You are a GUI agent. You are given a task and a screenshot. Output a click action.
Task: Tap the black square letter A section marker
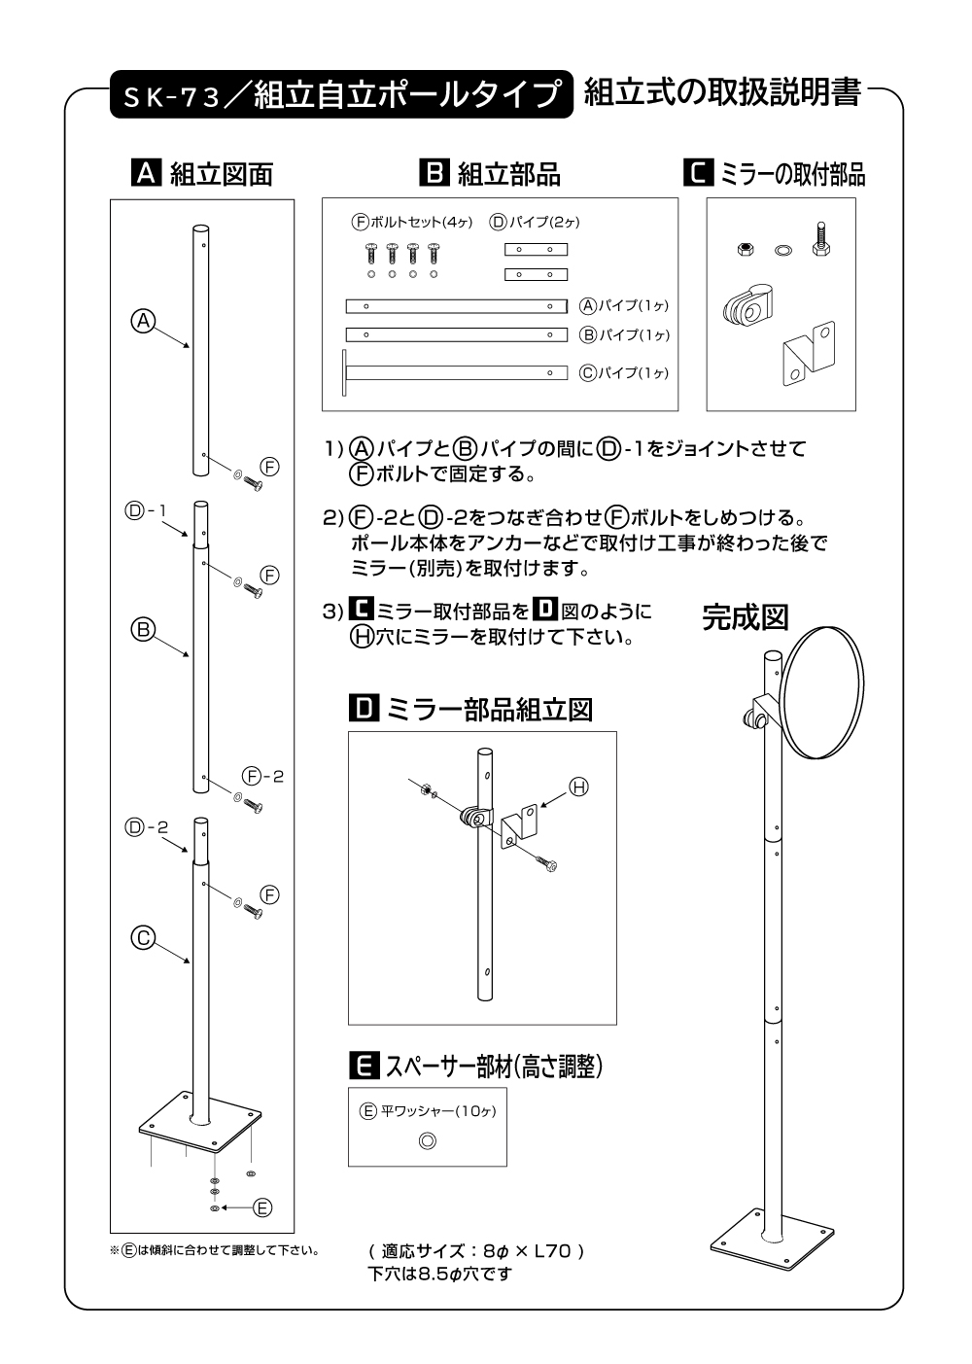tap(145, 174)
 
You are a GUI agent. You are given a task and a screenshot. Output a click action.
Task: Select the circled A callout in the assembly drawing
tap(143, 321)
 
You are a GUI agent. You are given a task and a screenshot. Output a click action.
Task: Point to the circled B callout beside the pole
tap(143, 630)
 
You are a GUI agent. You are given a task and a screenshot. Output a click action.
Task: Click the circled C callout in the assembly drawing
tap(143, 938)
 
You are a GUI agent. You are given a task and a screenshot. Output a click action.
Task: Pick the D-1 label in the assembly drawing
tap(147, 510)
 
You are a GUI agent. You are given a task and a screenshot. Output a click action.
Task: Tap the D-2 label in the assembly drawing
tap(147, 827)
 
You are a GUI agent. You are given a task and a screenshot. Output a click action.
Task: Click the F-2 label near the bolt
tap(262, 776)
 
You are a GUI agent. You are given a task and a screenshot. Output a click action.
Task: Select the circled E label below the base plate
tap(261, 1208)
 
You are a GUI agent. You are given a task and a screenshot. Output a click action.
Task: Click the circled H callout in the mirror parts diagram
tap(578, 787)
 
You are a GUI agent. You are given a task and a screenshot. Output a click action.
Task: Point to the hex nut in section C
tap(744, 249)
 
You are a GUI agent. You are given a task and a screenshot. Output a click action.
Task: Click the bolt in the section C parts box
tap(818, 239)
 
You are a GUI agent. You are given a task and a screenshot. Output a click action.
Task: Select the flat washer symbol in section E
tap(427, 1140)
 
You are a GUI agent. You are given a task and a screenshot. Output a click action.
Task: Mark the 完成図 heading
tap(745, 618)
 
